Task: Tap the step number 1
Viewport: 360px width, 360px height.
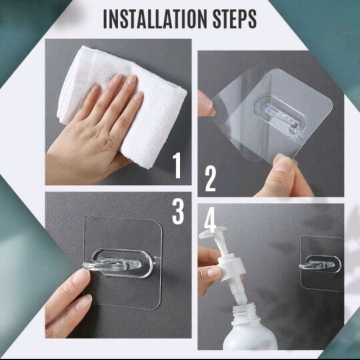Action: point(177,166)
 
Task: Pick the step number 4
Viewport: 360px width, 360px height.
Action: point(210,220)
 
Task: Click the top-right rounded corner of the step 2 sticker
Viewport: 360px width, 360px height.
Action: point(329,102)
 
